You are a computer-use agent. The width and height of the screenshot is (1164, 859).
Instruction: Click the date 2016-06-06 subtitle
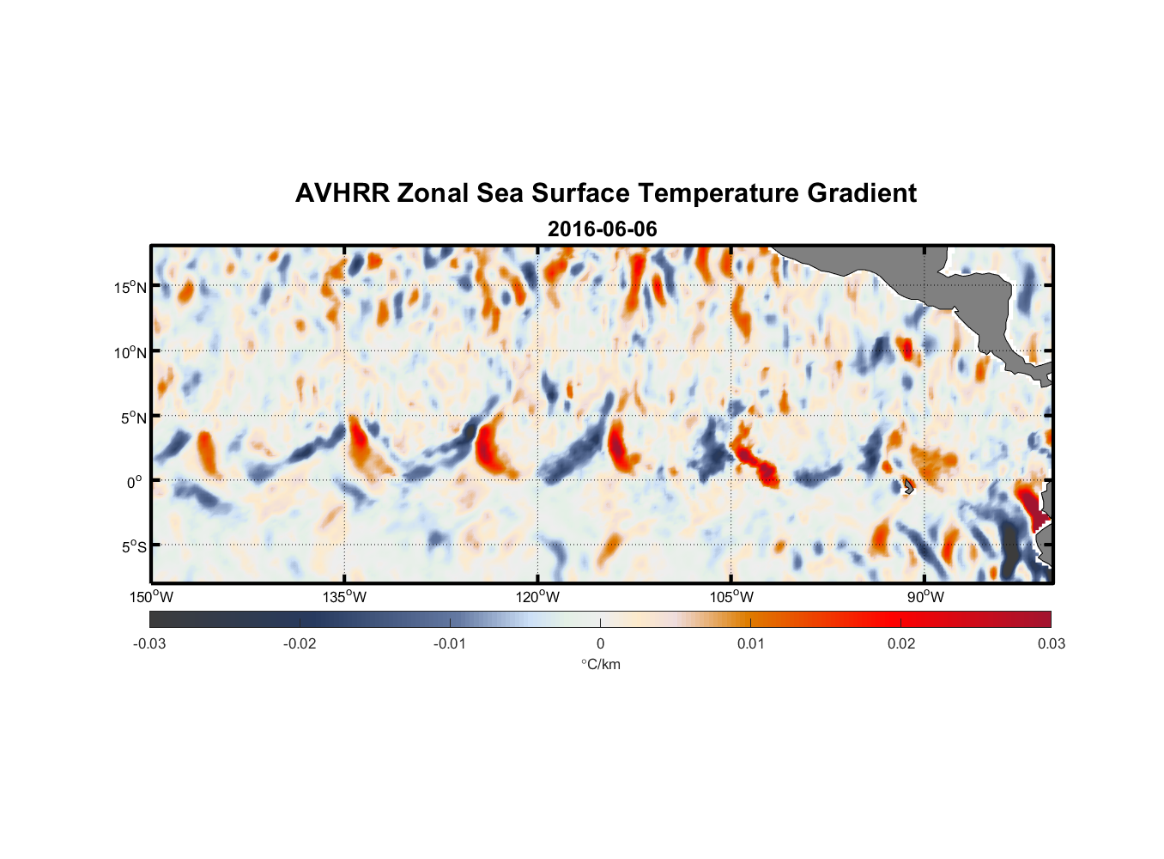click(x=602, y=229)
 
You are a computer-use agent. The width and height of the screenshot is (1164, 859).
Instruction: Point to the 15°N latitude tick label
click(x=130, y=287)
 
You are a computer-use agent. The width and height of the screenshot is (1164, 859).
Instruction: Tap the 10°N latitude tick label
click(x=130, y=352)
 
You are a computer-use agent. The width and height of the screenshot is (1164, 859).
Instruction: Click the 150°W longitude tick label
click(x=151, y=597)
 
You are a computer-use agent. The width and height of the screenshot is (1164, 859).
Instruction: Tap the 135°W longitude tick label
click(x=344, y=597)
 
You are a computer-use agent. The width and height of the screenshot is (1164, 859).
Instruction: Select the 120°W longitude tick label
click(x=537, y=597)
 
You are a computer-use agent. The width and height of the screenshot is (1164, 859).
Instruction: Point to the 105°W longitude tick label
click(x=731, y=597)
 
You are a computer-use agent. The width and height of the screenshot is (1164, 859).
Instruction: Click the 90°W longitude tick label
click(x=925, y=597)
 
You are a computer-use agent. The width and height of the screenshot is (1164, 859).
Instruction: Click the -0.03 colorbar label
click(x=149, y=643)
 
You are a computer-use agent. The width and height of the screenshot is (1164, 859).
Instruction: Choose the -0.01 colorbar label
click(x=450, y=643)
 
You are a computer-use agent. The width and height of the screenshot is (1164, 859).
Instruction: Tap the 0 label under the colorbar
click(x=600, y=643)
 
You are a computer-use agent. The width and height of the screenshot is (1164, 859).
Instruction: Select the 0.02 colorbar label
click(x=900, y=643)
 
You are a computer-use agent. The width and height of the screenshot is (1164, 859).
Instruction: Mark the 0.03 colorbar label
click(x=1051, y=643)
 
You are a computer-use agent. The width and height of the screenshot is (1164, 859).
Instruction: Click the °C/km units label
click(x=600, y=664)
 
